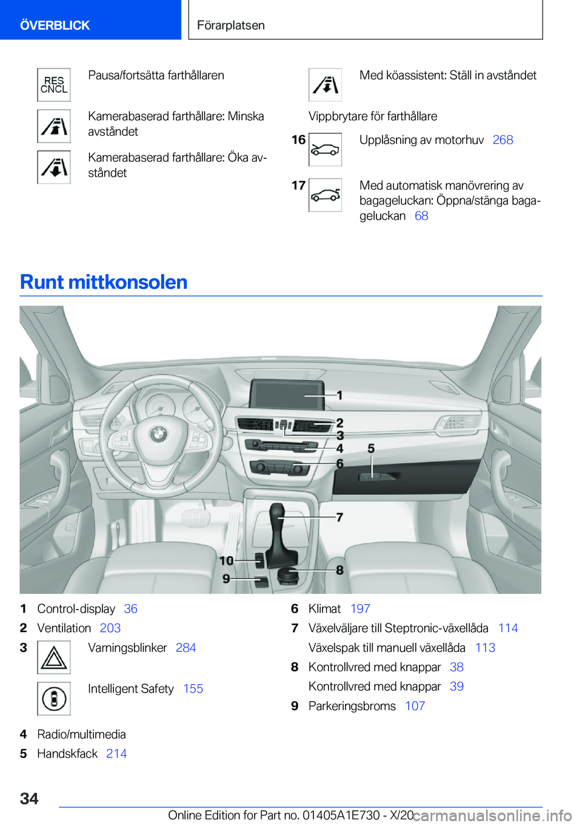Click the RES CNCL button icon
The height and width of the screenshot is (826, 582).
(54, 85)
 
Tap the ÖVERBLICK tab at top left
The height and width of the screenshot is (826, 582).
(55, 25)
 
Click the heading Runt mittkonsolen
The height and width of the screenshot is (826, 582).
(104, 282)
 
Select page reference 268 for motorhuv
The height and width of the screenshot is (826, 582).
(503, 140)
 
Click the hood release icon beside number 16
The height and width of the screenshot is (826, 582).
(325, 150)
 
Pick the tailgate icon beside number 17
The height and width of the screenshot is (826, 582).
(325, 195)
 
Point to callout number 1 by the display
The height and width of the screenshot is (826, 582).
(339, 395)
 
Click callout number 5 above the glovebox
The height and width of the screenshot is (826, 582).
(371, 449)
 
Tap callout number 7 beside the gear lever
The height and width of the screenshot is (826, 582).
(339, 517)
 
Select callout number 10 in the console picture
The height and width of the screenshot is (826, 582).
(226, 561)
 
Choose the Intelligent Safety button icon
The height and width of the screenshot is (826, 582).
(54, 699)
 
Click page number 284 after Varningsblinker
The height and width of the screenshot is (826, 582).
(186, 648)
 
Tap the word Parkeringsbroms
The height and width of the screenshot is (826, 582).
(352, 706)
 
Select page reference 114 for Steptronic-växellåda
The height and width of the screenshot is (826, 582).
(507, 628)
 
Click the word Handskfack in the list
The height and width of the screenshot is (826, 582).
(67, 754)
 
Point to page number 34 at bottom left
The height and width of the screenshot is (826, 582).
(29, 798)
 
